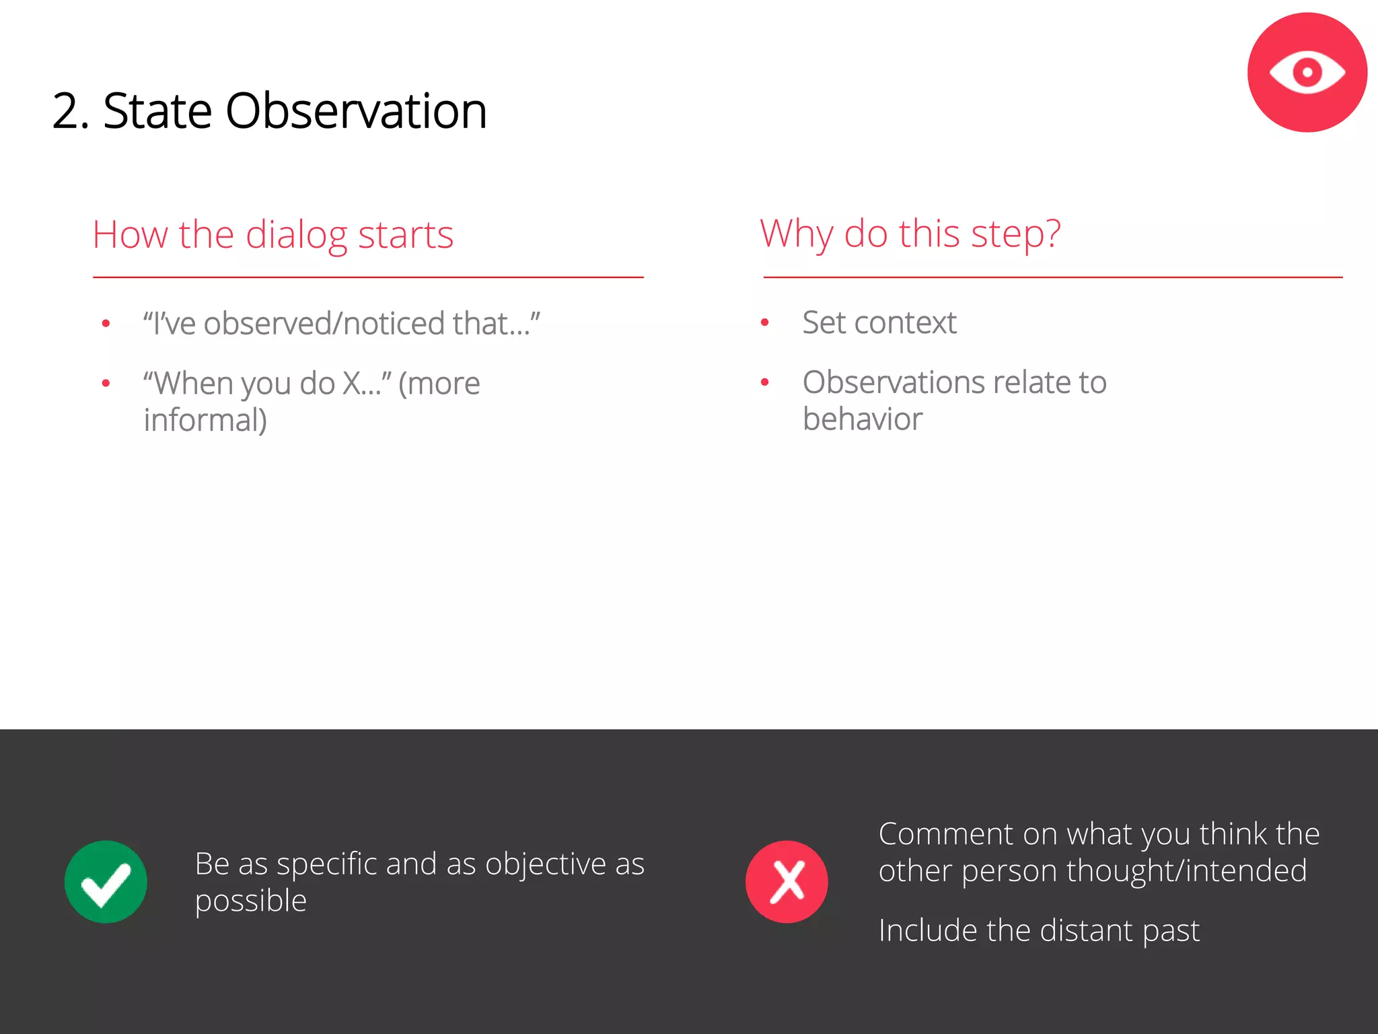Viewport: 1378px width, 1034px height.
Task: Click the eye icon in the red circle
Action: point(1307,72)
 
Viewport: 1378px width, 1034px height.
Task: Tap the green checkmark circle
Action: point(106,881)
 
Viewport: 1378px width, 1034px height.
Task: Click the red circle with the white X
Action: point(787,881)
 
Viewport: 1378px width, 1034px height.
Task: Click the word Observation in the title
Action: point(355,111)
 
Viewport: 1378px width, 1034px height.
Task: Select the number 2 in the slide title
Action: point(67,112)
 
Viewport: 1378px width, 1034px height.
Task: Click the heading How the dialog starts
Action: point(273,235)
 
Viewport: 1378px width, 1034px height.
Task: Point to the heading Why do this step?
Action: point(910,234)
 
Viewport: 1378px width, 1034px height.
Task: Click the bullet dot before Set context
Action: point(764,323)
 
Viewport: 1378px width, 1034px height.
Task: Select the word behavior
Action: point(862,419)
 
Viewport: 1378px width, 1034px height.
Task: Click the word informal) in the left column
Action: point(205,420)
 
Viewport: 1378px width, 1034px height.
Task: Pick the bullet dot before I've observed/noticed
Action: point(106,324)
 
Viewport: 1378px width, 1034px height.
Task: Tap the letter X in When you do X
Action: point(352,384)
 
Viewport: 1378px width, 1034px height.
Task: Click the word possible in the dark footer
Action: point(250,901)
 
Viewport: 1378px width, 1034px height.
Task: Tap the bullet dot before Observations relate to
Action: point(764,382)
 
